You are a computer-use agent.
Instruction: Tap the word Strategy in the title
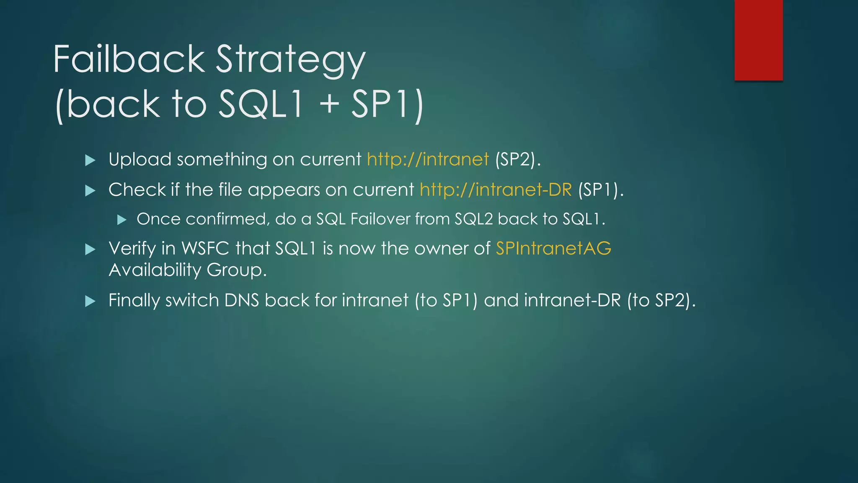pos(290,61)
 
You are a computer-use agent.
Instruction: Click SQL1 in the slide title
pos(261,104)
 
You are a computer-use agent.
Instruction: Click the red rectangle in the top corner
pos(758,40)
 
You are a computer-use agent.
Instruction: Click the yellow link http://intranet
pos(428,160)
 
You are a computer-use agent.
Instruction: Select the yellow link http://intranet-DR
pos(496,190)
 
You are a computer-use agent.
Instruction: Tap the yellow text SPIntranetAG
pos(553,249)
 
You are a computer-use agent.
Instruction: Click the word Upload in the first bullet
pos(140,160)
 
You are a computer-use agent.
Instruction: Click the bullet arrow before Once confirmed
pos(122,220)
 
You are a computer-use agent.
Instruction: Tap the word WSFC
pos(205,249)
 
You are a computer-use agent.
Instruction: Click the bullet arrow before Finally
pos(90,301)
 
